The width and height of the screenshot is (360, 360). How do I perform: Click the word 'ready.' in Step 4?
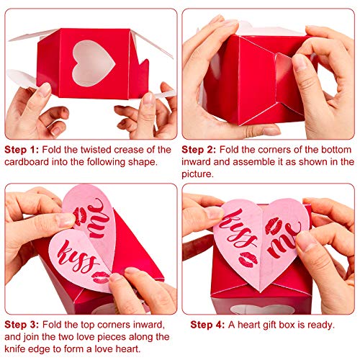[x=320, y=325]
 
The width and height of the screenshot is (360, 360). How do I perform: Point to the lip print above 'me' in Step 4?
[x=274, y=225]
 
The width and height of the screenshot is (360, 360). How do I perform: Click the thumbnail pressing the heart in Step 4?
[x=305, y=239]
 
